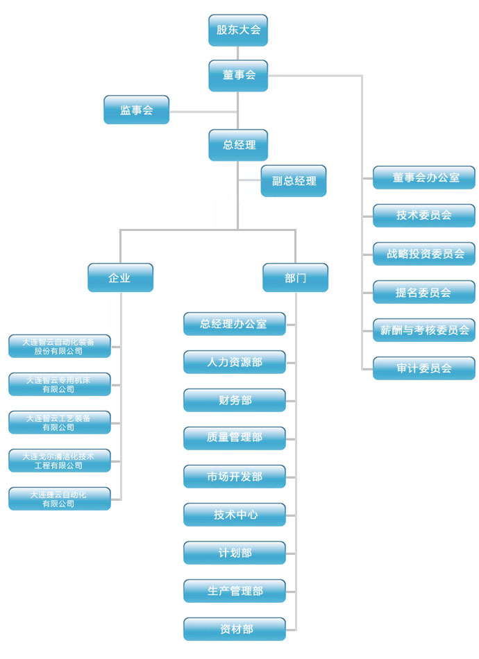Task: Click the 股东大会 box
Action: click(238, 30)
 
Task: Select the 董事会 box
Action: click(238, 75)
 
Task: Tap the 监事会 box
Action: click(136, 110)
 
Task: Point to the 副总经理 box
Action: click(294, 181)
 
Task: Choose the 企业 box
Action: click(120, 277)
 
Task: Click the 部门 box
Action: click(295, 277)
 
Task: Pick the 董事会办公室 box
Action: click(424, 178)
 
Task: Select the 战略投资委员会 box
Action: click(424, 254)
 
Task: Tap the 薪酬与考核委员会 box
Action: click(424, 330)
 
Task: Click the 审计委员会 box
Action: click(424, 368)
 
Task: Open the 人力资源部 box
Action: click(235, 361)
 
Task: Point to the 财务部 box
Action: click(235, 400)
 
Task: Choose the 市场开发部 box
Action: click(235, 477)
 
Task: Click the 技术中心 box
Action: click(235, 515)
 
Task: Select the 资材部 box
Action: click(235, 629)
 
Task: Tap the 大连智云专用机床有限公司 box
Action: click(60, 384)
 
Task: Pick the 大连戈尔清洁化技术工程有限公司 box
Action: click(60, 461)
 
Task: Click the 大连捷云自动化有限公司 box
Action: click(60, 499)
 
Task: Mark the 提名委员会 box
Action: click(424, 292)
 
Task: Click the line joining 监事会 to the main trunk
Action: click(203, 110)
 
